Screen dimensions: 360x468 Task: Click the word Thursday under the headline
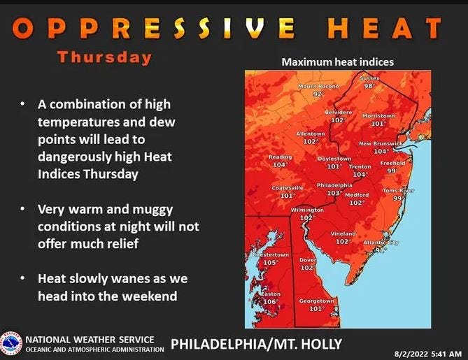[104, 57]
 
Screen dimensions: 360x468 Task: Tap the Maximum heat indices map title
[337, 62]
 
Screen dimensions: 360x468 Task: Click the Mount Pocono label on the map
[318, 86]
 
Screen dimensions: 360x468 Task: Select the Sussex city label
[369, 78]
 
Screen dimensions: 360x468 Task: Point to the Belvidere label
[339, 112]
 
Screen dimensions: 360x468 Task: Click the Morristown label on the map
[378, 115]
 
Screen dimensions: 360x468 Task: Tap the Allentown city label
[311, 133]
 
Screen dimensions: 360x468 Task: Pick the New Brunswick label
[381, 143]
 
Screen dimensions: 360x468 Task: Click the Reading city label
[280, 157]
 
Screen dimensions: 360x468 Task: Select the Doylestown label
[334, 159]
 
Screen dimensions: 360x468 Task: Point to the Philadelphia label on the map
[335, 185]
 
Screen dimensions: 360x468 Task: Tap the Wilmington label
[307, 210]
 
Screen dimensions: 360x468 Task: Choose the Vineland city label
[343, 233]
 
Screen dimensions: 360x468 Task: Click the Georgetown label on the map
[317, 301]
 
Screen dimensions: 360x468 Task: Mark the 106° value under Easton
[269, 302]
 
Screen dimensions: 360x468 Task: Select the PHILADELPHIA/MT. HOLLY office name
[257, 344]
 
